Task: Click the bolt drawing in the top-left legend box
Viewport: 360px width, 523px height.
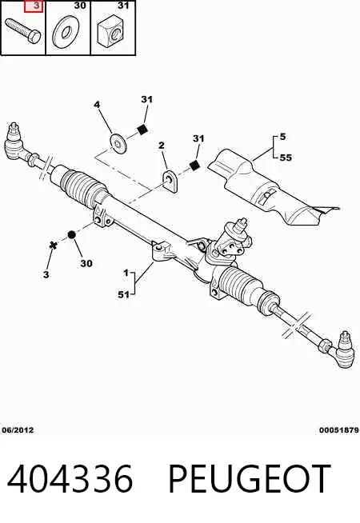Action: click(22, 31)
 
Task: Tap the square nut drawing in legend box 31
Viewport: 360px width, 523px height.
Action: click(110, 32)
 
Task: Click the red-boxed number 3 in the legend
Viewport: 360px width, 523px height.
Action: click(34, 6)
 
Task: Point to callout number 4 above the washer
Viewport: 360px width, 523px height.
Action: click(97, 105)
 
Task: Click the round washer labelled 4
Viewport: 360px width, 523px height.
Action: click(118, 143)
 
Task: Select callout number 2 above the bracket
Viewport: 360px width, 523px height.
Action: click(162, 146)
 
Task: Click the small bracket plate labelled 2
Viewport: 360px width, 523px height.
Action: click(170, 181)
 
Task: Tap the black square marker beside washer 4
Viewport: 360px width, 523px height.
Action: click(142, 130)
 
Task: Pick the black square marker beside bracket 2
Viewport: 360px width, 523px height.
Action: click(194, 165)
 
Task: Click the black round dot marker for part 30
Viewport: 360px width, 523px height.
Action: click(72, 235)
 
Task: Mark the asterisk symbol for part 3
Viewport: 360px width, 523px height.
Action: click(53, 246)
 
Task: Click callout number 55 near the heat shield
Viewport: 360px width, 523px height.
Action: click(286, 158)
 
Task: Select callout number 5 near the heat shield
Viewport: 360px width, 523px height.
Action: click(283, 137)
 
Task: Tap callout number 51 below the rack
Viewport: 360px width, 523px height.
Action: click(123, 294)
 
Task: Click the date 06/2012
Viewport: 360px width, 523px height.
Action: click(18, 430)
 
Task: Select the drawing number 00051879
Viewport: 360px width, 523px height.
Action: click(338, 430)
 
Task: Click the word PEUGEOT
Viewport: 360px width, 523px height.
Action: click(250, 479)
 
